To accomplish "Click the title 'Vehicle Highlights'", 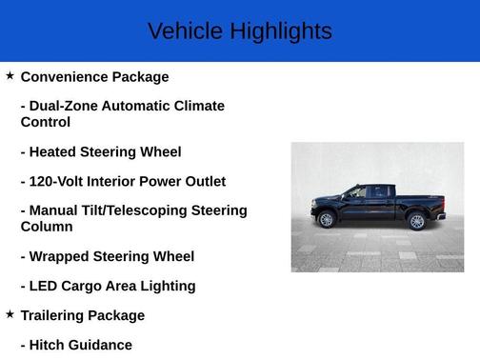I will click(x=240, y=31).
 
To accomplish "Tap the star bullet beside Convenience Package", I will click(x=10, y=75).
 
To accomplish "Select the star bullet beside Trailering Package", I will click(x=10, y=313).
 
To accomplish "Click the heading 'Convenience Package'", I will click(x=94, y=77).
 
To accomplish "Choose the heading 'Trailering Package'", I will click(x=83, y=315).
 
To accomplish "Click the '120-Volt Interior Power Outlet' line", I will click(x=123, y=181).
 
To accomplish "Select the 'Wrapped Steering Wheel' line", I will click(x=107, y=256).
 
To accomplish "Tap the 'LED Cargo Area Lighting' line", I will click(x=108, y=286).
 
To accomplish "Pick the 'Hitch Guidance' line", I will click(x=76, y=345).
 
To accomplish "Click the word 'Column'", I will click(x=47, y=227).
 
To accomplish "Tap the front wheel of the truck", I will click(x=327, y=220).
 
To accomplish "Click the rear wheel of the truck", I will click(x=416, y=221).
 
